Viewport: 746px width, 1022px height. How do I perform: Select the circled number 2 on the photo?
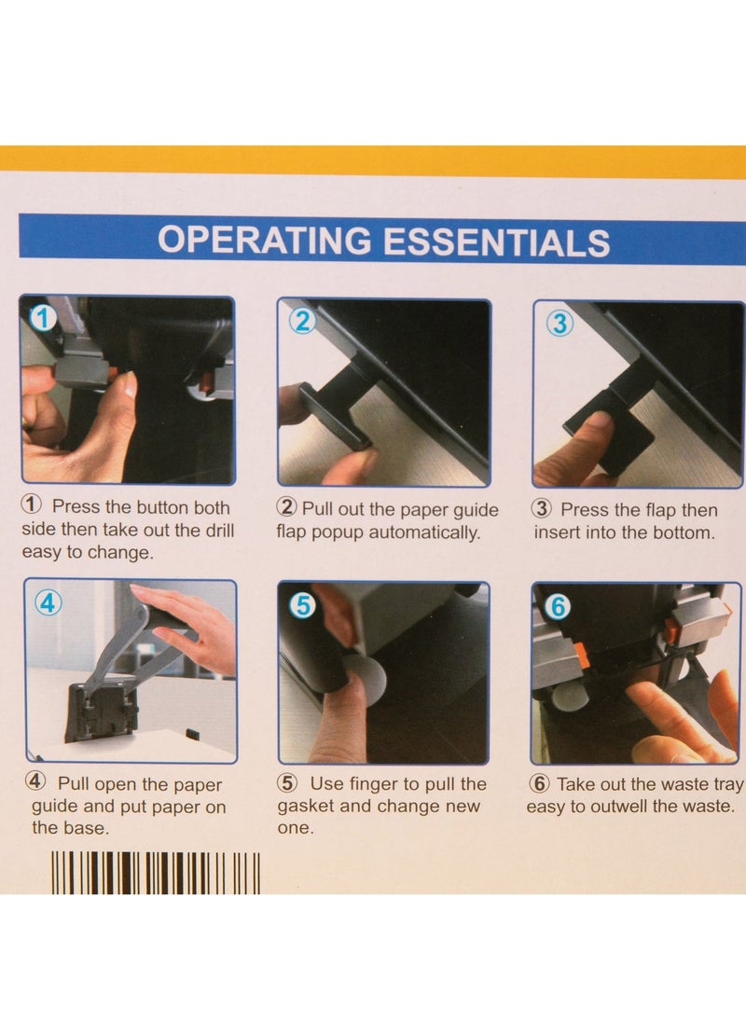pyautogui.click(x=300, y=321)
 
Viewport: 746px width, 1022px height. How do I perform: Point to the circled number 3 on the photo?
pyautogui.click(x=559, y=323)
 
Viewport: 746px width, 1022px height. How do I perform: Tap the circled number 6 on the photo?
pyautogui.click(x=556, y=606)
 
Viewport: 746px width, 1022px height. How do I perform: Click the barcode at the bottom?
pyautogui.click(x=155, y=872)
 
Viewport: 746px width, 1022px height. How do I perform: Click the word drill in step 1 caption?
pyautogui.click(x=214, y=531)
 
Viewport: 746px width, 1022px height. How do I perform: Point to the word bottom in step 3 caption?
pyautogui.click(x=680, y=533)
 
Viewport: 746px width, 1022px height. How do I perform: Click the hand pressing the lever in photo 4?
pyautogui.click(x=191, y=625)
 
